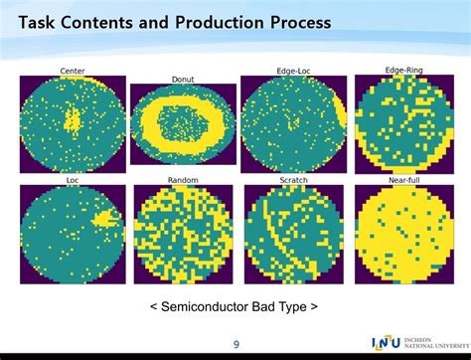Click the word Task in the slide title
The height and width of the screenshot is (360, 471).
(41, 22)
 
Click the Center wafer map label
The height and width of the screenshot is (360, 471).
(73, 71)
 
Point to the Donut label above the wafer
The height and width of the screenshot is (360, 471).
(183, 79)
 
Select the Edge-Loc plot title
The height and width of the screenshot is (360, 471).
(293, 71)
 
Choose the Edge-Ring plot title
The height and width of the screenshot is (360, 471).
(404, 70)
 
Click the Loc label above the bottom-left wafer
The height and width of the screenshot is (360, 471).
(73, 180)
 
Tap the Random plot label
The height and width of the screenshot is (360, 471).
(183, 180)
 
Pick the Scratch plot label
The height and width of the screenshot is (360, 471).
(293, 180)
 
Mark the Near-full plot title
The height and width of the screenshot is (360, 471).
(404, 180)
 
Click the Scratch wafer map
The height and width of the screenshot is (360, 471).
(293, 235)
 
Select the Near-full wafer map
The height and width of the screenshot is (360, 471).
(404, 235)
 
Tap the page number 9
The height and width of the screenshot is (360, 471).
(236, 345)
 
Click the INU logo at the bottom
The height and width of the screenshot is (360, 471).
(386, 342)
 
